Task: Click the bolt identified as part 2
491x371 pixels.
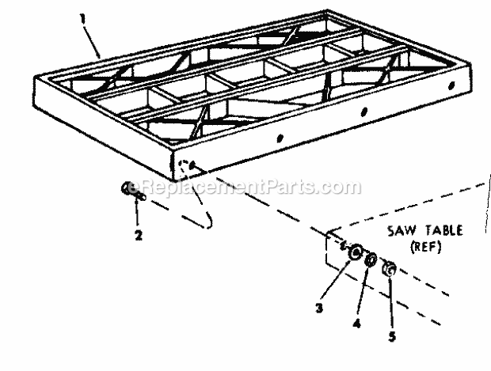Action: point(131,189)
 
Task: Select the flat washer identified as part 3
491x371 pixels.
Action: point(356,254)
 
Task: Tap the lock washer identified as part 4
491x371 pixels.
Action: point(371,262)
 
